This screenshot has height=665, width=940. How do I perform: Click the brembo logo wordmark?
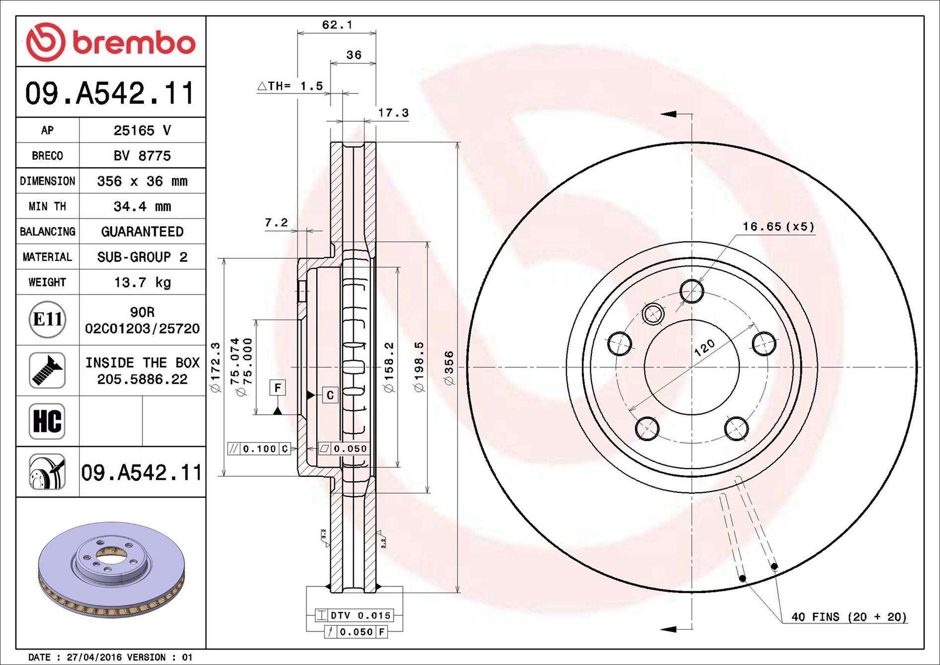[x=133, y=43]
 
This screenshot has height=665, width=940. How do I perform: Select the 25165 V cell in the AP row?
[x=142, y=131]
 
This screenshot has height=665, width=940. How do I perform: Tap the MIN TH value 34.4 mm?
[x=142, y=207]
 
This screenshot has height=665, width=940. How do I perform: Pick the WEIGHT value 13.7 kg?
[x=142, y=283]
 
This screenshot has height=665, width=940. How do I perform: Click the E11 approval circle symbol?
[x=47, y=319]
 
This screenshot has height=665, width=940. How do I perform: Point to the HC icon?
[x=47, y=421]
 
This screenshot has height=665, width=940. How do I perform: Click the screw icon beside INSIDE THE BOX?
[x=47, y=370]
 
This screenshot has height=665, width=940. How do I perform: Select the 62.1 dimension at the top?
[x=337, y=25]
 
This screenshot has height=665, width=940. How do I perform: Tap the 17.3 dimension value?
[x=393, y=113]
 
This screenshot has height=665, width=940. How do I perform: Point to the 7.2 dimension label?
[x=276, y=222]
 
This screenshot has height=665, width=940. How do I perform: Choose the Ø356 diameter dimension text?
[x=449, y=368]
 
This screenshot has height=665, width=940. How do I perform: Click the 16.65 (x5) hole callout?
[x=778, y=227]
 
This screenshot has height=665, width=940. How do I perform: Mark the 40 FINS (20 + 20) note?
[x=849, y=617]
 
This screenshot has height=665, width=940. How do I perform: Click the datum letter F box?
[x=278, y=387]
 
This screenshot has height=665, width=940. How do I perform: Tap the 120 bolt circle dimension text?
[x=704, y=348]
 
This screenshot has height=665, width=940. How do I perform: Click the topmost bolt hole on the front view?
[x=692, y=291]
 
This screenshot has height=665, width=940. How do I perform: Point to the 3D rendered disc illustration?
[x=111, y=569]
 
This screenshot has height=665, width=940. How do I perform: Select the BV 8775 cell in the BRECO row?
[x=142, y=156]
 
